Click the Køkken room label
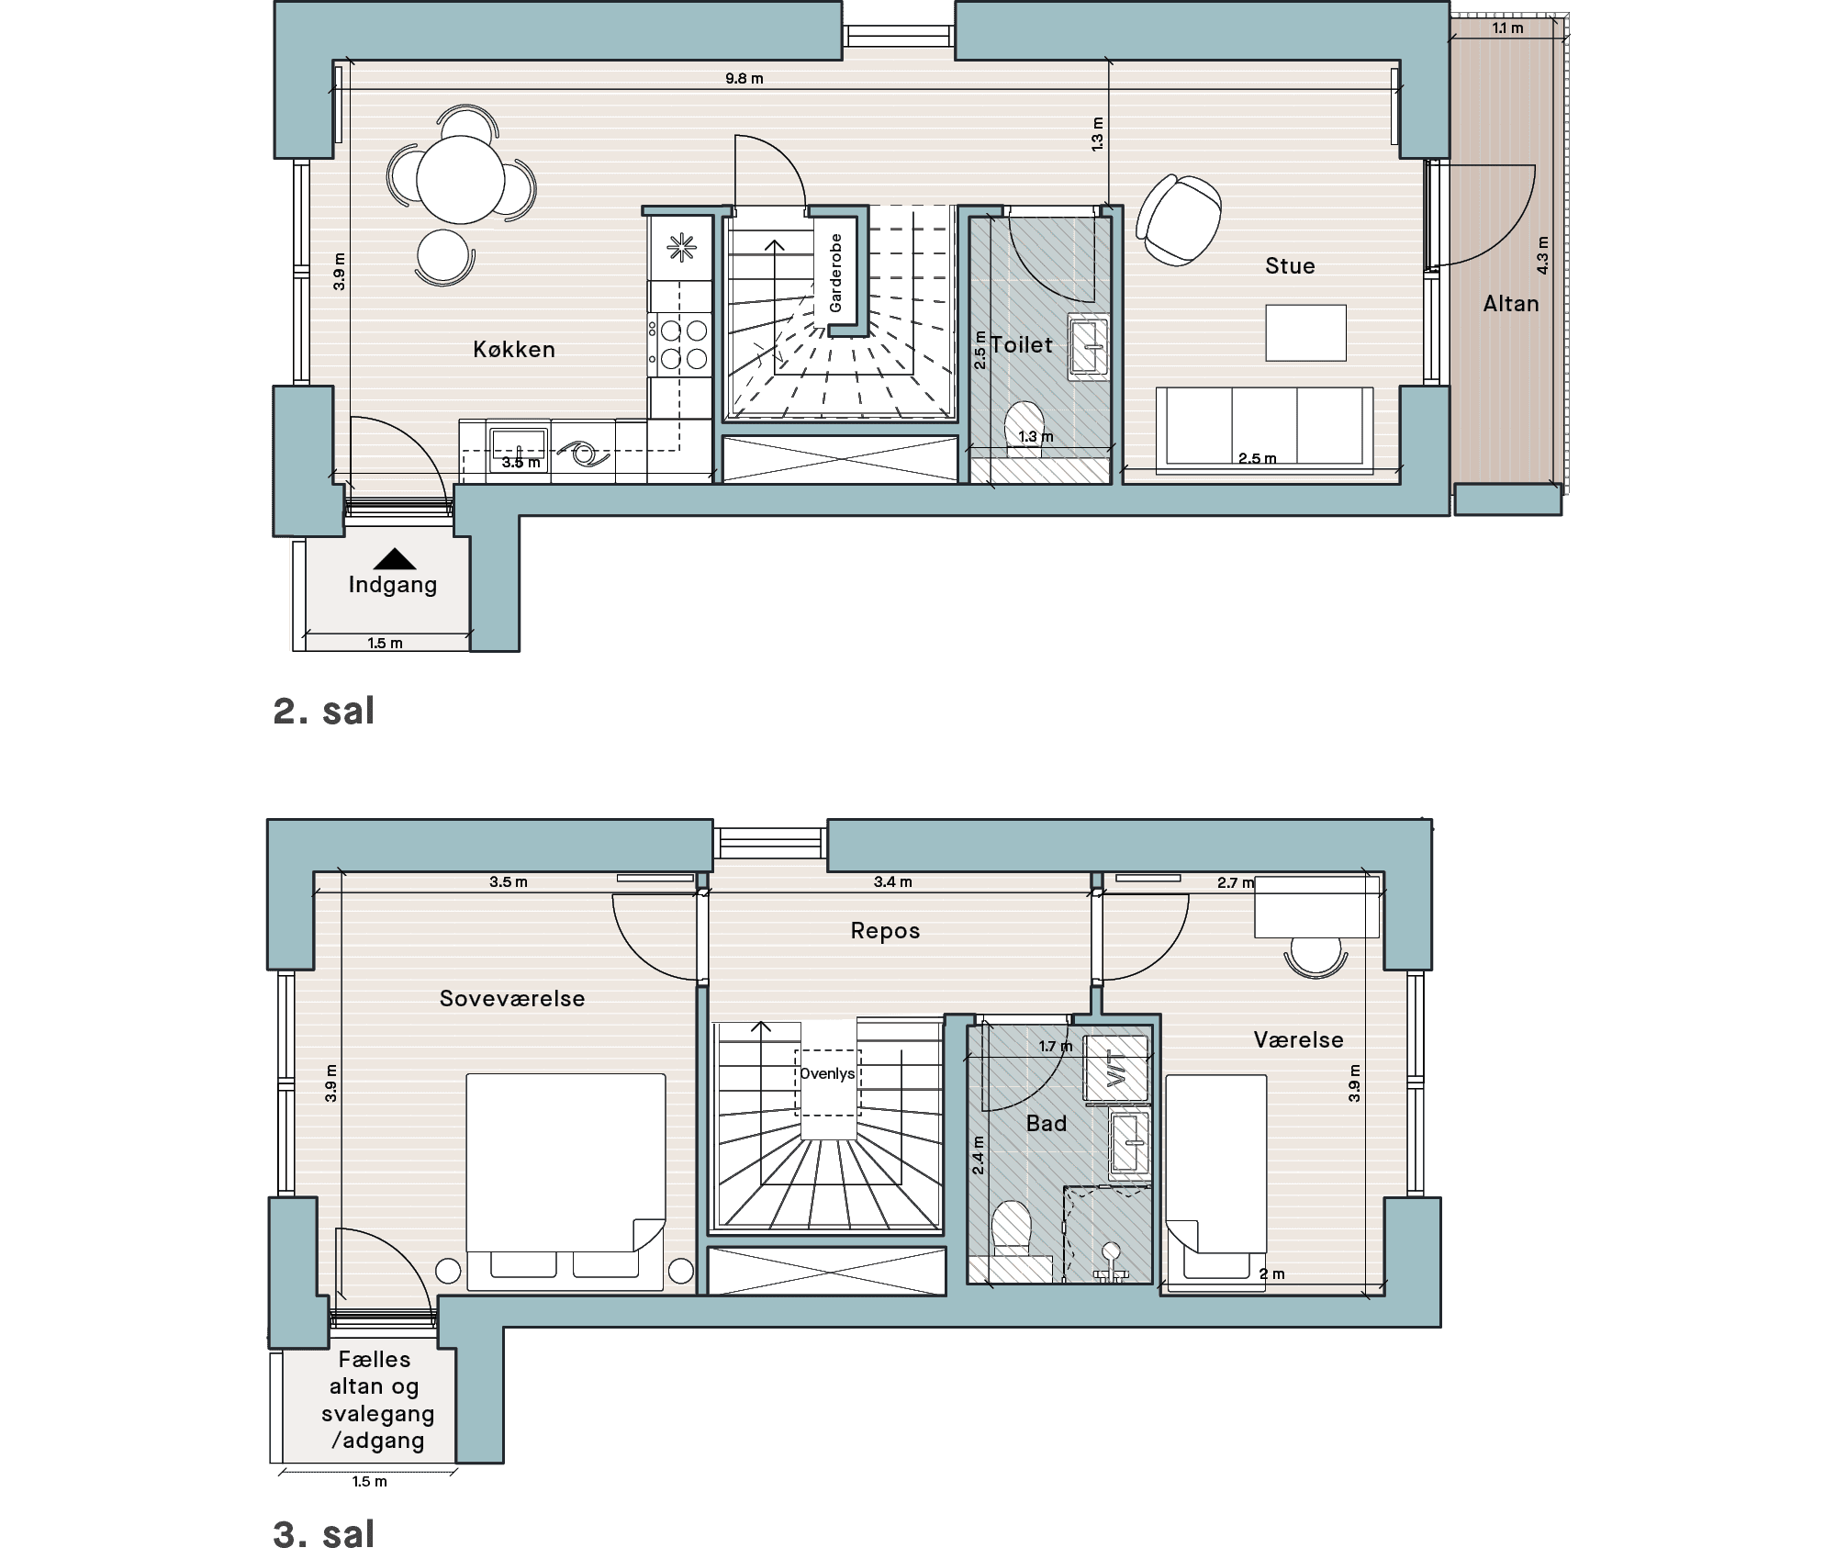coord(514,349)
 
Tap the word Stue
coord(1290,265)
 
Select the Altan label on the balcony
coord(1511,304)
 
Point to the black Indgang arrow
coord(395,558)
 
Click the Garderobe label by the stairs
coord(835,273)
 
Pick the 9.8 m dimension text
coord(744,78)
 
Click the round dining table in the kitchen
coord(461,180)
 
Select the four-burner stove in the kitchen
coord(680,344)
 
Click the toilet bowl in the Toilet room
coord(1024,428)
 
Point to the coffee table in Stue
coord(1305,332)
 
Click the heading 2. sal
coord(324,711)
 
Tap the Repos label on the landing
coord(885,931)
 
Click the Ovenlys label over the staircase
coord(827,1073)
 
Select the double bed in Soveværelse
coord(565,1182)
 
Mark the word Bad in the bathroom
coord(1047,1123)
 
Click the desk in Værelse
coord(1316,906)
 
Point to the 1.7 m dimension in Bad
coord(1056,1046)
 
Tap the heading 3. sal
coord(324,1533)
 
